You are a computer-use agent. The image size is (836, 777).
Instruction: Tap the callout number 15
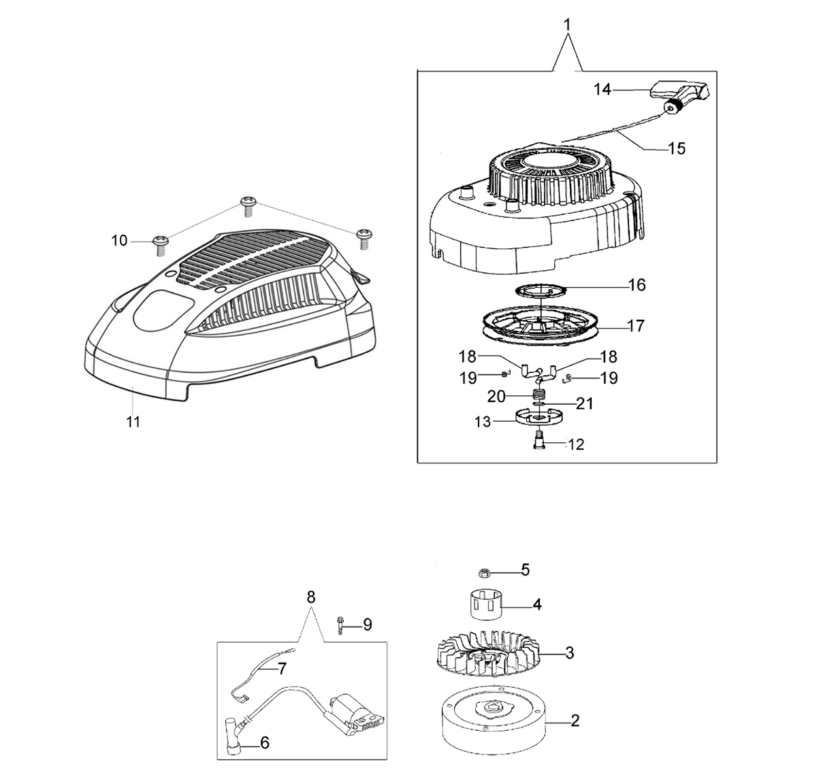pyautogui.click(x=677, y=148)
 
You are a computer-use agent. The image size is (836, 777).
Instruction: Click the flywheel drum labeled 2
pyautogui.click(x=492, y=721)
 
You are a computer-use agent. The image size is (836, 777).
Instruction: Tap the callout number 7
pyautogui.click(x=282, y=668)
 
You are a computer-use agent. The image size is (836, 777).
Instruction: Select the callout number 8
pyautogui.click(x=310, y=597)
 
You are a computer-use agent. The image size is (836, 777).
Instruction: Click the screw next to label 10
pyautogui.click(x=161, y=245)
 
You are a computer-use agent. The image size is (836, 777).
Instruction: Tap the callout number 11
pyautogui.click(x=133, y=422)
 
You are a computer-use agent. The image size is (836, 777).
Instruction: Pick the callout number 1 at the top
pyautogui.click(x=568, y=24)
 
